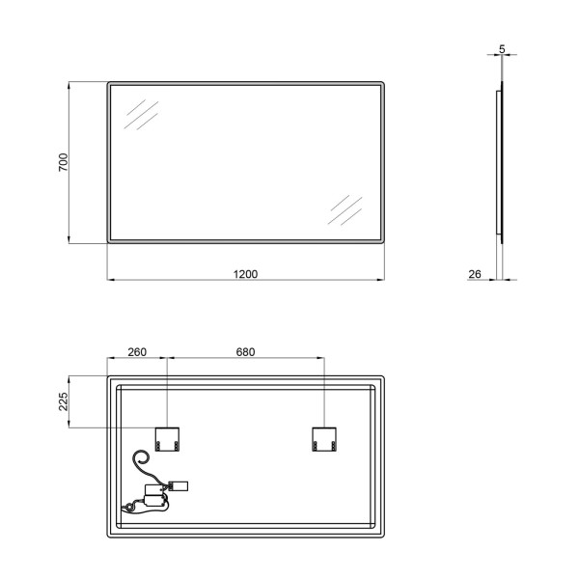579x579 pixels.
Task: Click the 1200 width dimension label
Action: point(245,274)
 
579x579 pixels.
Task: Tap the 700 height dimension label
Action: point(64,162)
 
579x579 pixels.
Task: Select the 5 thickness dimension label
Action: point(502,49)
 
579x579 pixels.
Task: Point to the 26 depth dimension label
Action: point(475,274)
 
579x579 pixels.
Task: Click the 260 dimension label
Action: point(137,352)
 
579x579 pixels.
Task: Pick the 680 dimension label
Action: point(245,352)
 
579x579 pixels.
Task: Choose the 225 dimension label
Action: point(64,401)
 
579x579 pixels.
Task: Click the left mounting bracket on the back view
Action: point(167,439)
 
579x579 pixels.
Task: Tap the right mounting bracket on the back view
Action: point(324,439)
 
